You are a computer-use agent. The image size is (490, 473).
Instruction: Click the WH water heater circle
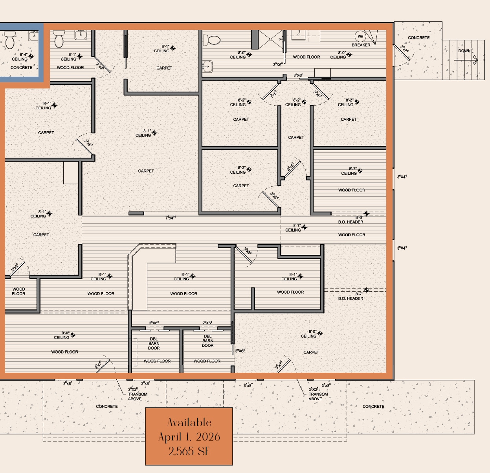(360, 37)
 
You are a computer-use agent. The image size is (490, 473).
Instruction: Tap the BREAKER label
(361, 45)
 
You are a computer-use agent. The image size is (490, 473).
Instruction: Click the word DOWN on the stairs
(464, 51)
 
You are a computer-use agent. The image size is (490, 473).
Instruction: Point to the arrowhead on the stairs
(475, 60)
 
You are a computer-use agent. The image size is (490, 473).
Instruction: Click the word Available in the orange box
(189, 423)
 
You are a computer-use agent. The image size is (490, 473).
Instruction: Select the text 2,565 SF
(189, 451)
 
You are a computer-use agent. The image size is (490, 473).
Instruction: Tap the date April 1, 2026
(189, 437)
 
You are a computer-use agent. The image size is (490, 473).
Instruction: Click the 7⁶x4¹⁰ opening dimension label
(171, 217)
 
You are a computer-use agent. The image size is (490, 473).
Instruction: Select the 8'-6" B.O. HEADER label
(351, 220)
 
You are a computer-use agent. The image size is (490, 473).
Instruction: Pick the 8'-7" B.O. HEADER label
(351, 296)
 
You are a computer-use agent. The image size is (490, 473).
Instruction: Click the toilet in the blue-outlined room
(10, 40)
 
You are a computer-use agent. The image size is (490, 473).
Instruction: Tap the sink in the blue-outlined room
(34, 35)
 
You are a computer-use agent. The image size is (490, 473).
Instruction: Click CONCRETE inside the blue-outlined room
(21, 68)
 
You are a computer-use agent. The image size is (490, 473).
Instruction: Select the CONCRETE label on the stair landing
(418, 38)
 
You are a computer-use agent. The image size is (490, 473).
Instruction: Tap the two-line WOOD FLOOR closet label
(18, 291)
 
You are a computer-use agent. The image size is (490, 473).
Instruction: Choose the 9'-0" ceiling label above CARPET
(309, 334)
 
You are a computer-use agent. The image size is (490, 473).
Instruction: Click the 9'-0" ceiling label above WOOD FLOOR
(62, 335)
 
